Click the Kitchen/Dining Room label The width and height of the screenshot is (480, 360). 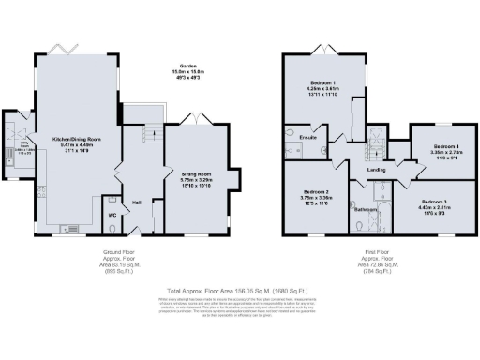tap(76, 138)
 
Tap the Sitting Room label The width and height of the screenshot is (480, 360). tap(197, 172)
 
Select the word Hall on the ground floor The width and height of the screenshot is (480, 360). tap(136, 202)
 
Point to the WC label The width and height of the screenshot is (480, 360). tap(112, 214)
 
